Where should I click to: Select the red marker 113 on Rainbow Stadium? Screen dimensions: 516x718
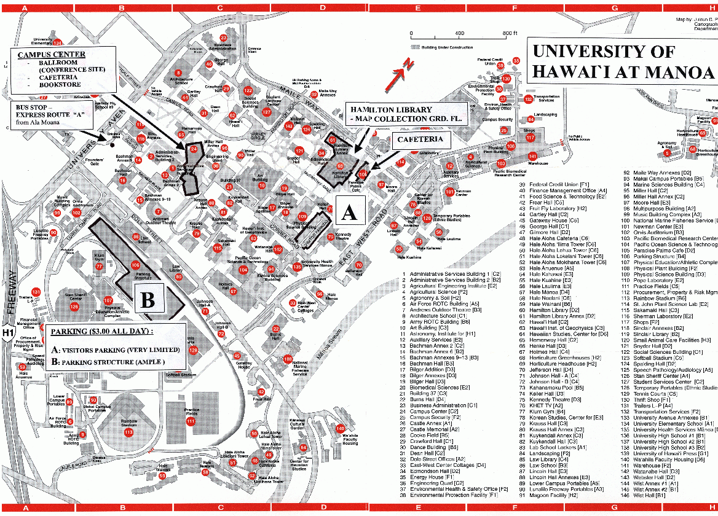(128, 432)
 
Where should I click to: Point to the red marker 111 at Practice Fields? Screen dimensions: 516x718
(191, 421)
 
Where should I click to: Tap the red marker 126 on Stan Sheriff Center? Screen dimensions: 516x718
(74, 305)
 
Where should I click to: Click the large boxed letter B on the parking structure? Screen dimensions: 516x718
(148, 299)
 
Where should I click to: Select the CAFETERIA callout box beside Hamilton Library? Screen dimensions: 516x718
(420, 140)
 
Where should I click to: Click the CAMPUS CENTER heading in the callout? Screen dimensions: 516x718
(52, 55)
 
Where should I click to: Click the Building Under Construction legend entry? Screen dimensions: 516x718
(446, 47)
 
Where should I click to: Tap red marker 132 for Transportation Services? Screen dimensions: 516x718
(528, 99)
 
